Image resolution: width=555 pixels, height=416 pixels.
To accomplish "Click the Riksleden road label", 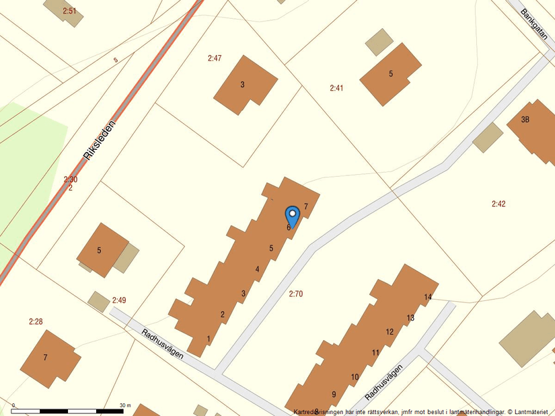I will click(x=100, y=140).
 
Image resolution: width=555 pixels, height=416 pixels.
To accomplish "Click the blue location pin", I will click(x=292, y=216).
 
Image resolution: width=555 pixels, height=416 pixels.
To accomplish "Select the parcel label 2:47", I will click(x=214, y=58).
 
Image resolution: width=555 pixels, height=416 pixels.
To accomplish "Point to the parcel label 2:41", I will click(x=336, y=88).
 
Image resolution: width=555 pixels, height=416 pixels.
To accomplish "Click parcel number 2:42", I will click(x=498, y=204).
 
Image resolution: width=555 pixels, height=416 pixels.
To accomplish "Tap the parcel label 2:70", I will click(x=296, y=294).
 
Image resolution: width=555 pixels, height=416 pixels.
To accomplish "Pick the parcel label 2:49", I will click(x=119, y=300).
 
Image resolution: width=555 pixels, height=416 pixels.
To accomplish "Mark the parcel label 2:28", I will click(x=36, y=322).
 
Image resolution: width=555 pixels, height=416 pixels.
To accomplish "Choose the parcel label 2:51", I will click(x=69, y=11).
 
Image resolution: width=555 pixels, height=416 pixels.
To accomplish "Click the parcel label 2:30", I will click(x=71, y=179).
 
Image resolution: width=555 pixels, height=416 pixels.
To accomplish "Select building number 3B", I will click(x=525, y=120).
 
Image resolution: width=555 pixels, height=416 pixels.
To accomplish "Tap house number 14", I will click(x=428, y=297).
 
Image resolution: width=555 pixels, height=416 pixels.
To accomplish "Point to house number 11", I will click(x=375, y=353).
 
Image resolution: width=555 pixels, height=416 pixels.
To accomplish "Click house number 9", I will click(x=334, y=394).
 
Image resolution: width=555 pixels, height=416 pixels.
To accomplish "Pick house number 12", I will click(x=390, y=332).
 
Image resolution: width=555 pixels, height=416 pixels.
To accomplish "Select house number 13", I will click(x=410, y=318).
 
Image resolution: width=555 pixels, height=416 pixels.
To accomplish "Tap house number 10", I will click(x=355, y=377).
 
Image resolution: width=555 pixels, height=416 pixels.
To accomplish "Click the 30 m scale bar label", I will click(x=125, y=406).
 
